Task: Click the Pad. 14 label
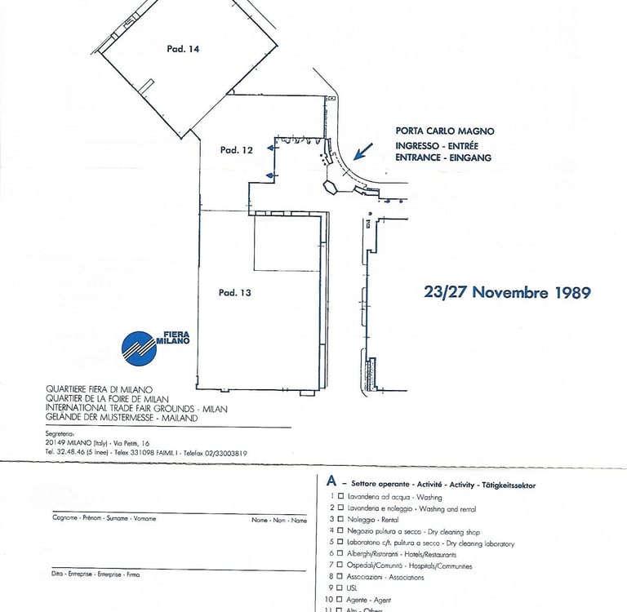coord(184,49)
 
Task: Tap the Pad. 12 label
coord(236,150)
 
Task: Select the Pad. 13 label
coord(234,292)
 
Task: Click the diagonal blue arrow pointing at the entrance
coord(362,152)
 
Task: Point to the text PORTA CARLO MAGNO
coord(445,131)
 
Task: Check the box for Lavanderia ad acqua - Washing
coord(340,496)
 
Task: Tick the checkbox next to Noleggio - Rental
coord(340,519)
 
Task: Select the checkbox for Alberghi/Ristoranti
coord(340,554)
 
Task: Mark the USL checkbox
coord(340,588)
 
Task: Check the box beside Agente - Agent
coord(340,600)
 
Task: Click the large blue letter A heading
coord(331,482)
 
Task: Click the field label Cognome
coord(65,518)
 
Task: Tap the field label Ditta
coord(57,574)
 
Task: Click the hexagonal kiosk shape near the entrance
coord(330,186)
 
